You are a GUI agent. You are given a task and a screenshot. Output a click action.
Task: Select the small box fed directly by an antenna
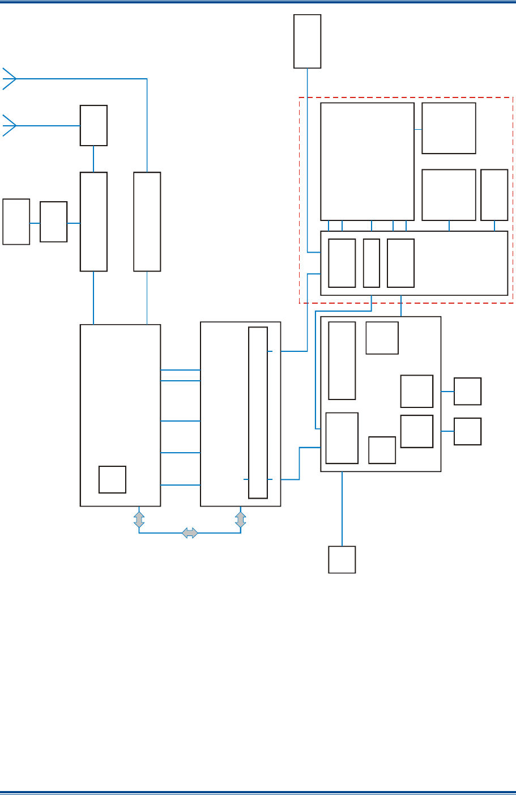point(93,125)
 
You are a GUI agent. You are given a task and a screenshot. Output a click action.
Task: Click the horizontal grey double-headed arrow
point(190,533)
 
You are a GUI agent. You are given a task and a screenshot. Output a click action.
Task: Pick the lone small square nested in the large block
point(112,479)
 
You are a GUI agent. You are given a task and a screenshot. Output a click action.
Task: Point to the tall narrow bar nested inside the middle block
point(258,413)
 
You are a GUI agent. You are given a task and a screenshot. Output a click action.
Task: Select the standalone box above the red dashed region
point(307,41)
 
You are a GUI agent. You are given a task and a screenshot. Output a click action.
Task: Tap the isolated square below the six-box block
point(342,559)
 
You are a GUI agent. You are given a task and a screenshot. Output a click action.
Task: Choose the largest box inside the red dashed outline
point(367,161)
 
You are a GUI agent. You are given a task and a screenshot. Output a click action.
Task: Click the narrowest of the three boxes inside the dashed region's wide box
point(372,263)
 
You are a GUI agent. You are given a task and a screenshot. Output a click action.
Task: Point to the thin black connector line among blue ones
point(147,297)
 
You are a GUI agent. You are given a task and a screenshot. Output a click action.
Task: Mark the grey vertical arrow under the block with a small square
point(139,520)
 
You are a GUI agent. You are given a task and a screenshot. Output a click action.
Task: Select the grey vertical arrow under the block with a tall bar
point(241,520)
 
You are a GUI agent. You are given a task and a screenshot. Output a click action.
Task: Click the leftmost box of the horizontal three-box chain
point(16,222)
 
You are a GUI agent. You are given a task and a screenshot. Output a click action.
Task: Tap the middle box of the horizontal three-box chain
point(53,222)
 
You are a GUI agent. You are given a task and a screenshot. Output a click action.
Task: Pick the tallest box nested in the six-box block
point(342,361)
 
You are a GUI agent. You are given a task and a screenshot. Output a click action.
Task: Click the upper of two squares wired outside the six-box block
point(467,391)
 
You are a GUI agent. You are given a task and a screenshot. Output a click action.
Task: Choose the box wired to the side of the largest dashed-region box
point(449,128)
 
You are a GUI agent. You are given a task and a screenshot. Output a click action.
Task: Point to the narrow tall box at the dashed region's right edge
point(494,195)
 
